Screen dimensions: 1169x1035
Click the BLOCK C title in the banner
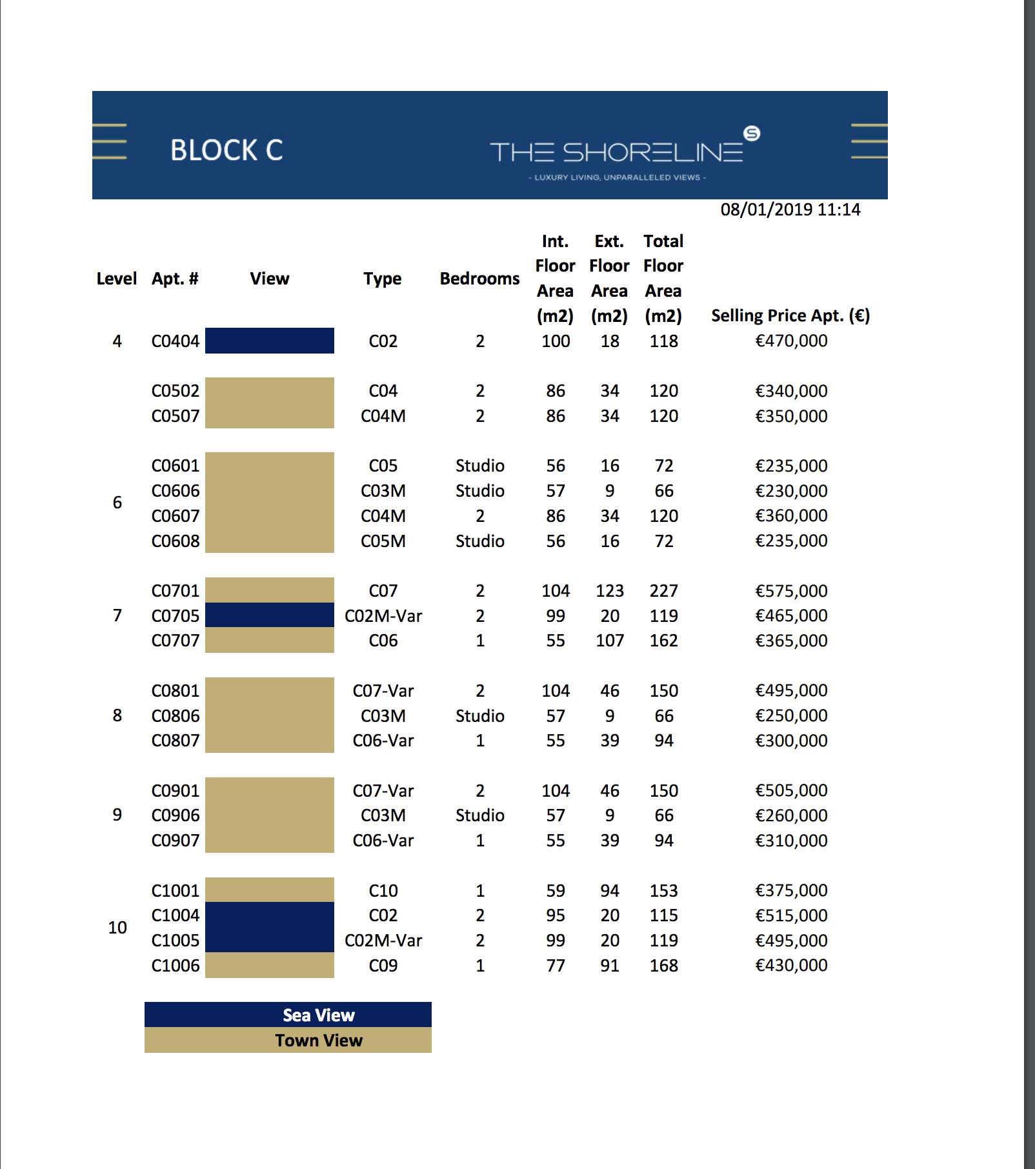click(x=226, y=150)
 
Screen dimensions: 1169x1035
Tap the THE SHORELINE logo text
click(x=617, y=152)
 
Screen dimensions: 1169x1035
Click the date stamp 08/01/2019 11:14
click(x=790, y=210)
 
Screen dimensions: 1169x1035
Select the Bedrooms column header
click(x=479, y=279)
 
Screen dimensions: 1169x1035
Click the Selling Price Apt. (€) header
click(x=790, y=315)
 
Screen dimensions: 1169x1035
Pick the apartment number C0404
click(x=176, y=341)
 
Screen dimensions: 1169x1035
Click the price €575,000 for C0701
click(x=791, y=591)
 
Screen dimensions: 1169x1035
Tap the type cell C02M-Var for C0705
click(x=383, y=616)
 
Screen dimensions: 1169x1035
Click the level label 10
click(x=117, y=928)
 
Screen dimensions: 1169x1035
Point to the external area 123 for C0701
click(x=610, y=591)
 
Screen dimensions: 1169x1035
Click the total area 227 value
click(x=664, y=591)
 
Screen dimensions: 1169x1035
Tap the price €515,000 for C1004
click(x=791, y=915)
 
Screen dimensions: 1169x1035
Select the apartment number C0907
click(x=176, y=841)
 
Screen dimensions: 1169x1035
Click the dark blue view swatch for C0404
click(x=270, y=341)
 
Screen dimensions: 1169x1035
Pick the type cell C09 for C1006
click(x=383, y=966)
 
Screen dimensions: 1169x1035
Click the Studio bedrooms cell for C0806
click(x=479, y=716)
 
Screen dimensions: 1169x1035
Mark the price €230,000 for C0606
click(x=791, y=491)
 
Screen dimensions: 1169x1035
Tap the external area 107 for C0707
click(x=610, y=641)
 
